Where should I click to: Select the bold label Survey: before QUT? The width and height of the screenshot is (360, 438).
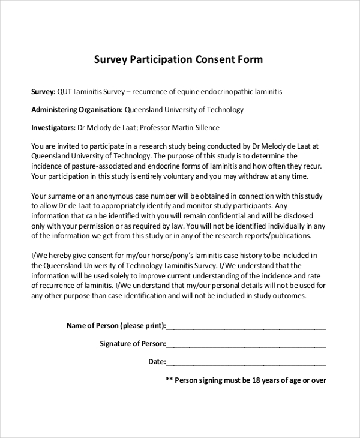tap(43, 92)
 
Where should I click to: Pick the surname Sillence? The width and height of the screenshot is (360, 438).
tap(205, 128)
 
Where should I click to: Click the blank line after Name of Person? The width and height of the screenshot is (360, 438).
tap(246, 327)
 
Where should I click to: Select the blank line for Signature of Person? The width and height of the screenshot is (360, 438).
tap(246, 345)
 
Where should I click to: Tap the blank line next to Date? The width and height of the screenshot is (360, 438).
tap(246, 363)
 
